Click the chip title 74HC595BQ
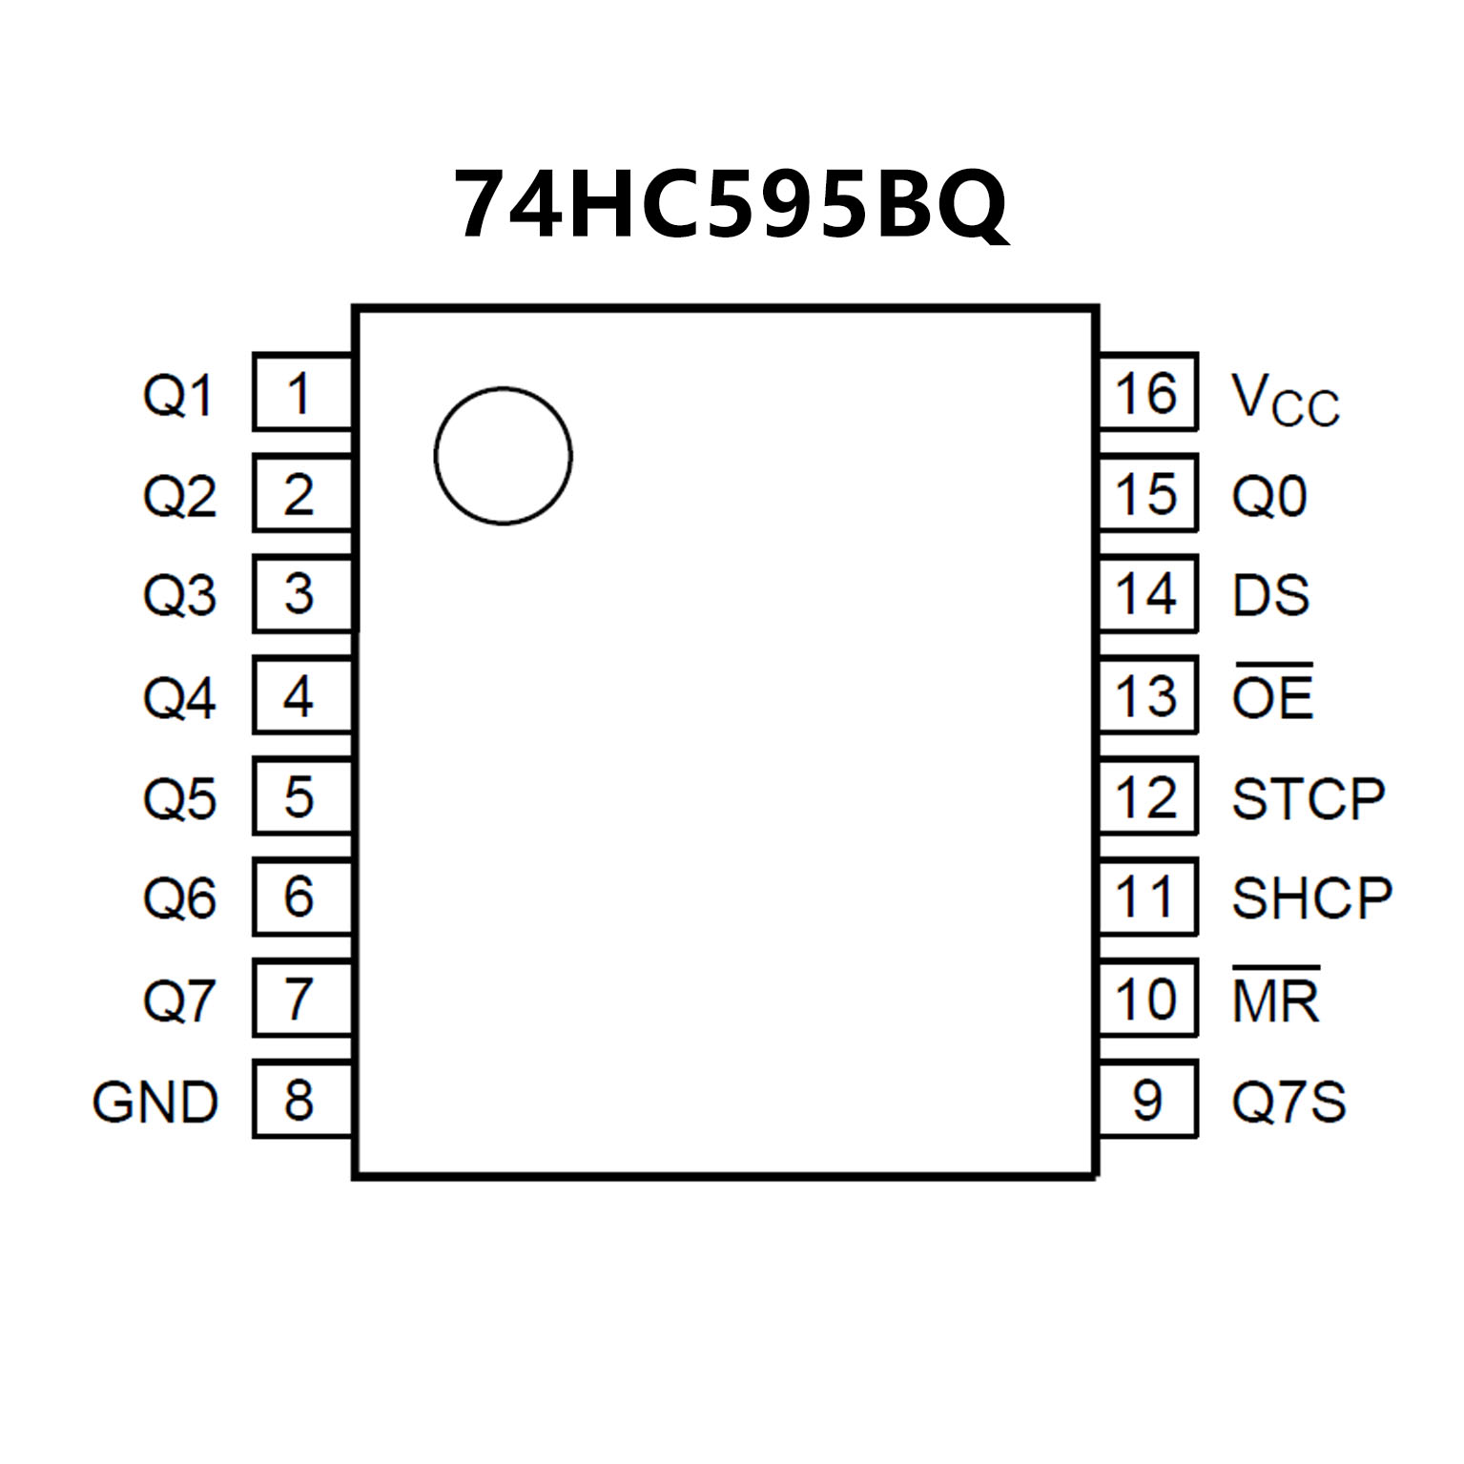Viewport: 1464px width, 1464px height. pyautogui.click(x=731, y=204)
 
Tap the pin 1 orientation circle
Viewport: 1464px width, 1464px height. pyautogui.click(x=503, y=456)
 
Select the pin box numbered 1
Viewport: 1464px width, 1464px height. pyautogui.click(x=301, y=393)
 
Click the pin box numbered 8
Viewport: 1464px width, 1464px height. pyautogui.click(x=301, y=1099)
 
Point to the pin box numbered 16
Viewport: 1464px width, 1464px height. pyautogui.click(x=1147, y=393)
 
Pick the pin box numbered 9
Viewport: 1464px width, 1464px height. pyautogui.click(x=1147, y=1099)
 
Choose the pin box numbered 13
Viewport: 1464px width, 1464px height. pyautogui.click(x=1147, y=695)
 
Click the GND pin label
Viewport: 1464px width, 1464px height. pyautogui.click(x=155, y=1103)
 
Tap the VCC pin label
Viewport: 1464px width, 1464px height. pyautogui.click(x=1285, y=399)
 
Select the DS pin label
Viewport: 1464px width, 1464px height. pyautogui.click(x=1270, y=595)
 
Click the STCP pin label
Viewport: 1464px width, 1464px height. pyautogui.click(x=1308, y=798)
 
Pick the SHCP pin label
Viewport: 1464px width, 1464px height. pyautogui.click(x=1311, y=898)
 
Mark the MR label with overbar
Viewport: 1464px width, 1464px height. pyautogui.click(x=1275, y=998)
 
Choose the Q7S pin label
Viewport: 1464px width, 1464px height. pyautogui.click(x=1289, y=1103)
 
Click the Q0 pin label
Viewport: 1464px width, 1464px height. pyautogui.click(x=1268, y=496)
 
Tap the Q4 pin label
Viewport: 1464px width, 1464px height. pyautogui.click(x=179, y=697)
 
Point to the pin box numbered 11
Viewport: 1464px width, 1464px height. pyautogui.click(x=1147, y=897)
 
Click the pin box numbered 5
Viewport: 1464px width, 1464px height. pyautogui.click(x=301, y=796)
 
